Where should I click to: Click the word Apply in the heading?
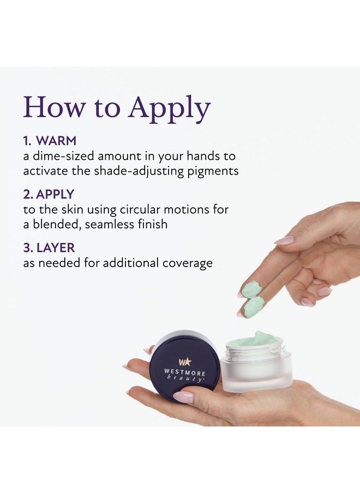pyautogui.click(x=169, y=109)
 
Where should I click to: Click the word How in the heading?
pyautogui.click(x=55, y=106)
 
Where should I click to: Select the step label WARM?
pyautogui.click(x=56, y=141)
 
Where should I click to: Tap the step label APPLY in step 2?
pyautogui.click(x=55, y=194)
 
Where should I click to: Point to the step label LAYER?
pyautogui.click(x=56, y=248)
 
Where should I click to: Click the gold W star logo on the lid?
pyautogui.click(x=185, y=362)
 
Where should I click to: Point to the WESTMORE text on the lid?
pyautogui.click(x=184, y=372)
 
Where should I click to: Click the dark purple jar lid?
pyautogui.click(x=184, y=366)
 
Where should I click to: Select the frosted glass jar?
pyautogui.click(x=256, y=364)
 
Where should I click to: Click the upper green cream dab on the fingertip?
pyautogui.click(x=250, y=289)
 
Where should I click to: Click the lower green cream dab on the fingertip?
pyautogui.click(x=254, y=307)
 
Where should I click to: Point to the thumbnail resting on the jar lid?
pyautogui.click(x=183, y=397)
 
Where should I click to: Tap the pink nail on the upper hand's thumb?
pyautogui.click(x=284, y=241)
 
